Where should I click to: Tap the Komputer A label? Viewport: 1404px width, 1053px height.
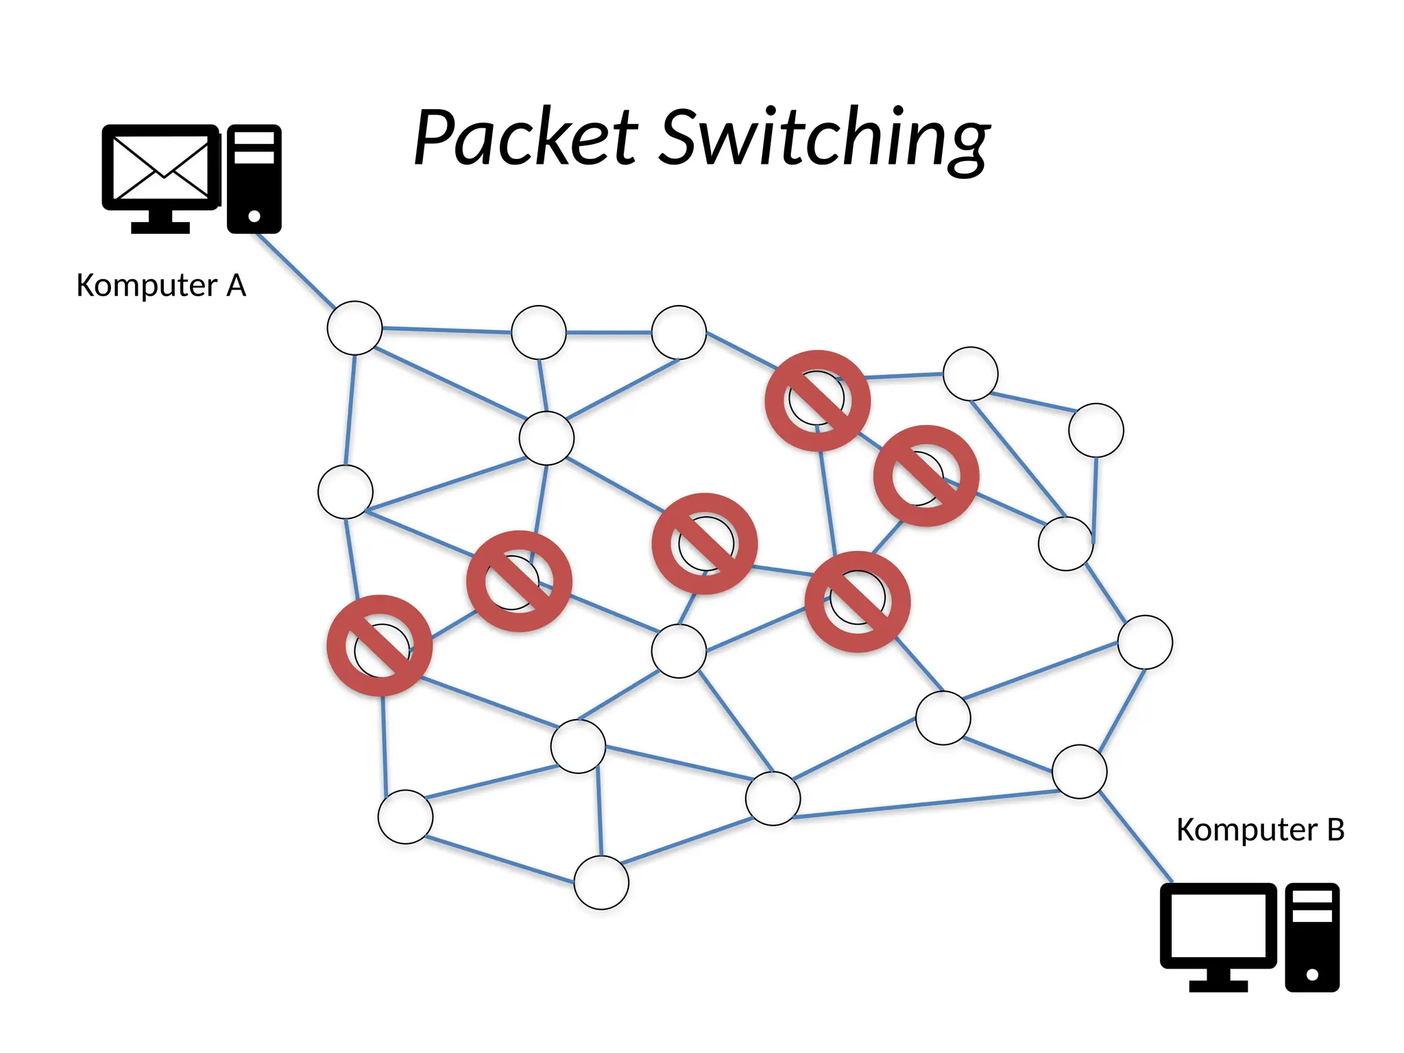[x=161, y=285]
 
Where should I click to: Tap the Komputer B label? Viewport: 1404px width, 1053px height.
[x=1260, y=830]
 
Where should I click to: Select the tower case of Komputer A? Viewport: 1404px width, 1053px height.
[x=254, y=178]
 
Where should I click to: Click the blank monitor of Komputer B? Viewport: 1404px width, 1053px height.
[x=1218, y=926]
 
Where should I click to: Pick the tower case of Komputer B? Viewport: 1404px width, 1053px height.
[x=1312, y=936]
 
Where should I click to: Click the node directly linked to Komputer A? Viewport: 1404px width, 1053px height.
[x=354, y=328]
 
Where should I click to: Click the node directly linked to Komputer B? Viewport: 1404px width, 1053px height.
[x=1079, y=771]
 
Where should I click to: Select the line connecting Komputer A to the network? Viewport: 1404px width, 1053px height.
[x=295, y=270]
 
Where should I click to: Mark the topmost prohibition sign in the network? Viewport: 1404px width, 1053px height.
[x=817, y=400]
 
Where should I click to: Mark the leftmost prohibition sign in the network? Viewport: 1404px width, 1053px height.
[x=380, y=645]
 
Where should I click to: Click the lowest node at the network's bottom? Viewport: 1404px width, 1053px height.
[x=601, y=882]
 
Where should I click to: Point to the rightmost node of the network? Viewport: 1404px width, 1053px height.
[x=1145, y=642]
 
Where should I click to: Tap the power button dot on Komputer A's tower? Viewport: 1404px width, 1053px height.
[x=254, y=216]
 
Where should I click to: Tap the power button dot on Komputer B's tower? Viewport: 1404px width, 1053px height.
[x=1312, y=974]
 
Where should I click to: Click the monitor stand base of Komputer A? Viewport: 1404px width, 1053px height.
[x=160, y=228]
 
